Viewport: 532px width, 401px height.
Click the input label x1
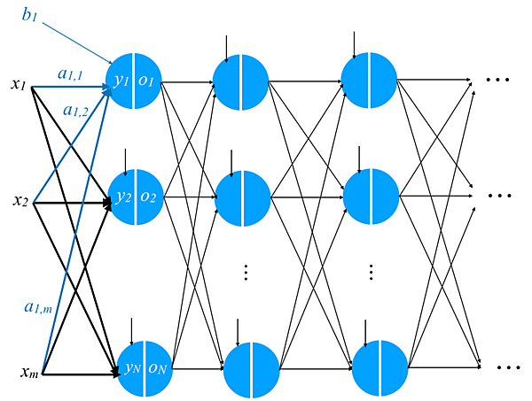coord(19,85)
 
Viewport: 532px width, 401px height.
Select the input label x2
coord(20,201)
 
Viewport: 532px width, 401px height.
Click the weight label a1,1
coord(70,75)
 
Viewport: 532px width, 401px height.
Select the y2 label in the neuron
coord(122,196)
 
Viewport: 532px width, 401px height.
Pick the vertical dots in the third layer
coord(372,271)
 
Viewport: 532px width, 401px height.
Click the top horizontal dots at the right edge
coord(498,80)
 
